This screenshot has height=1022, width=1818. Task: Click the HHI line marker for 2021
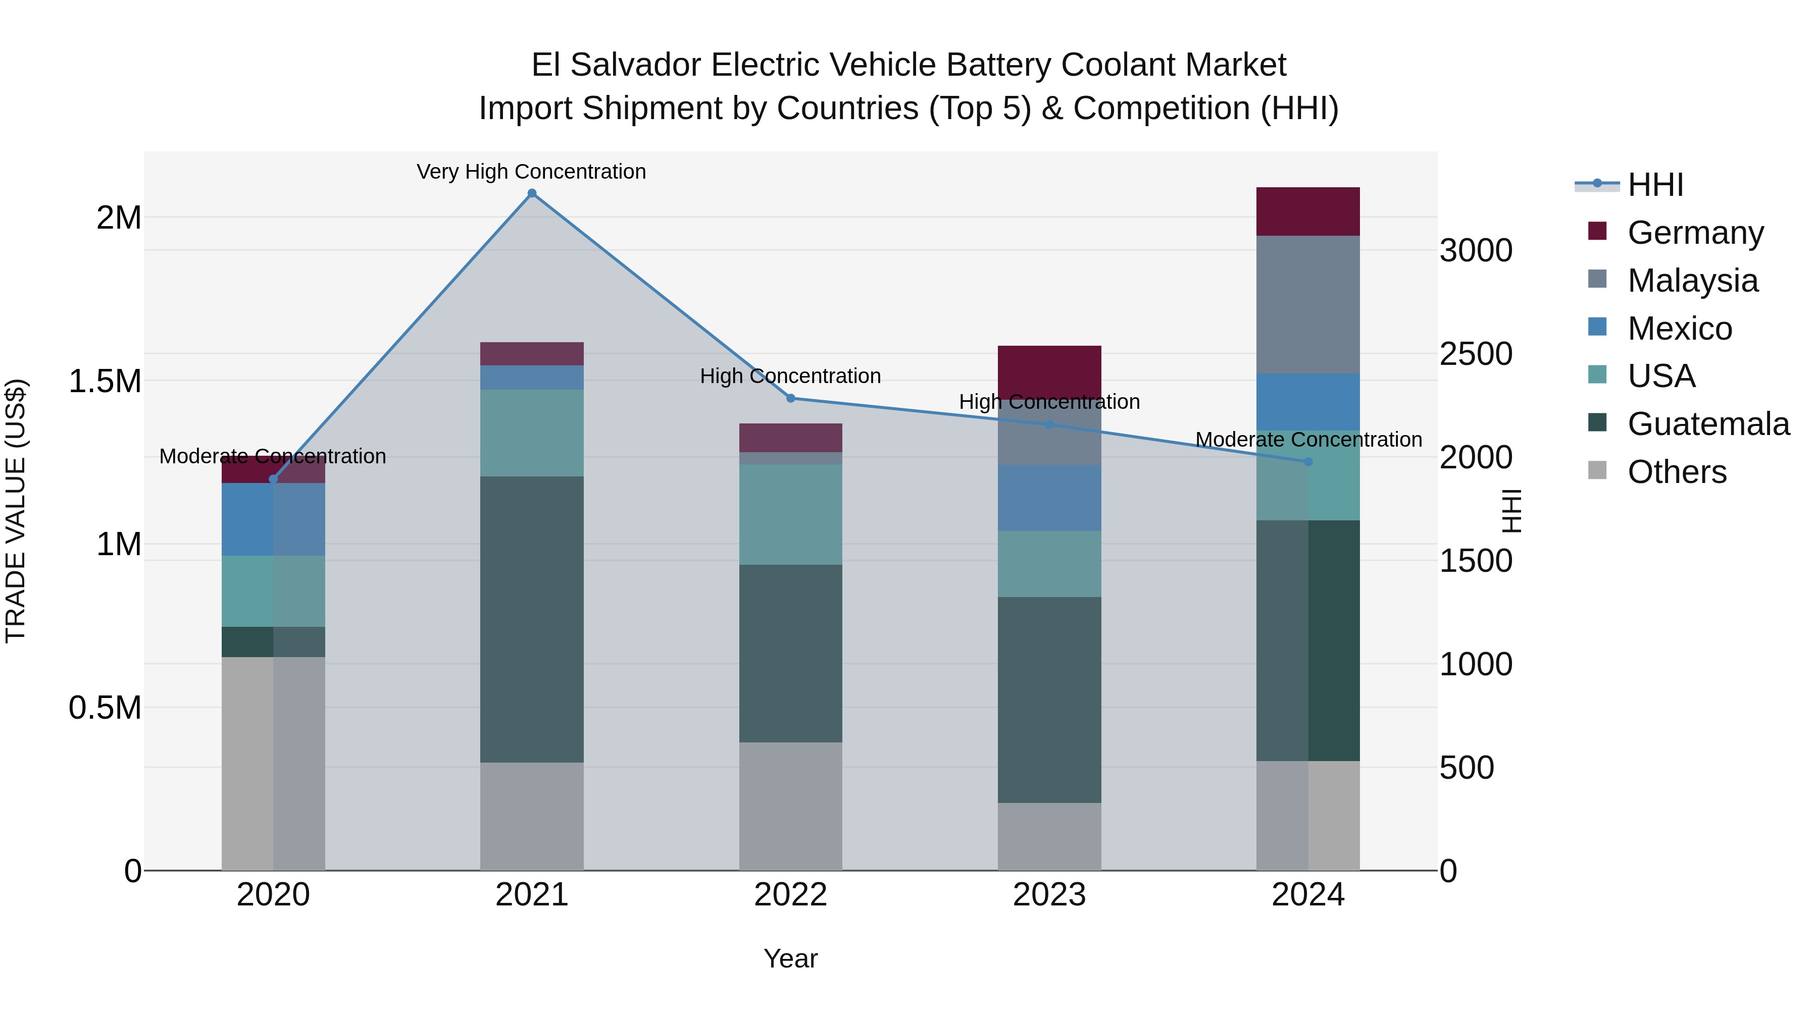pyautogui.click(x=532, y=193)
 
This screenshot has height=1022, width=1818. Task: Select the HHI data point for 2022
pyautogui.click(x=790, y=399)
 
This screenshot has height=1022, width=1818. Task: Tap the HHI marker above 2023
pyautogui.click(x=1049, y=424)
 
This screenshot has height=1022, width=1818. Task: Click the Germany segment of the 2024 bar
pyautogui.click(x=1308, y=211)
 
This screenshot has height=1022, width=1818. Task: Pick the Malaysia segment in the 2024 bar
pyautogui.click(x=1308, y=305)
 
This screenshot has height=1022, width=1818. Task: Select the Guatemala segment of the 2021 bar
pyautogui.click(x=532, y=619)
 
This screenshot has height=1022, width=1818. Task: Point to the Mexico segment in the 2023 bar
pyautogui.click(x=1049, y=498)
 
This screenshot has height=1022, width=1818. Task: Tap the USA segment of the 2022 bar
pyautogui.click(x=790, y=514)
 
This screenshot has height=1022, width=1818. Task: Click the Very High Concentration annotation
pyautogui.click(x=531, y=172)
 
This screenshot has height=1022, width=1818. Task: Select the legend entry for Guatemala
pyautogui.click(x=1708, y=424)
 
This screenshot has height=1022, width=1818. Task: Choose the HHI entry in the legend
pyautogui.click(x=1655, y=185)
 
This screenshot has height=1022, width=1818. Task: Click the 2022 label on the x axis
pyautogui.click(x=790, y=895)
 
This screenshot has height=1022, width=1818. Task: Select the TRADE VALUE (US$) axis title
pyautogui.click(x=16, y=511)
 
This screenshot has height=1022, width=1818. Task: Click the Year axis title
pyautogui.click(x=790, y=958)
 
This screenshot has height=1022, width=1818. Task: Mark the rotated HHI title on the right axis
pyautogui.click(x=1511, y=511)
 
